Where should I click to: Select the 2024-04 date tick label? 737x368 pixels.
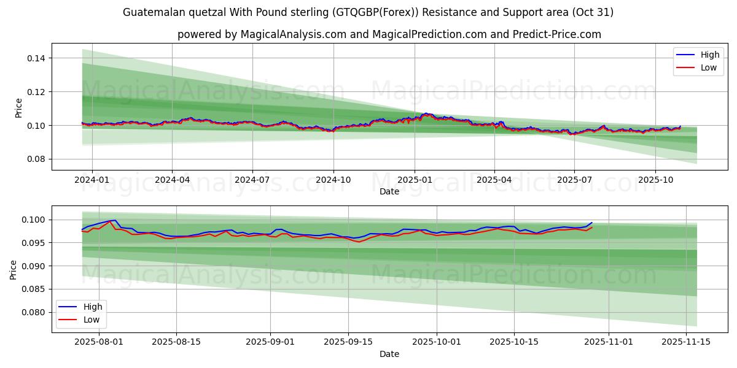pos(172,180)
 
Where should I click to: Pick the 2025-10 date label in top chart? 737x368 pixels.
pos(655,180)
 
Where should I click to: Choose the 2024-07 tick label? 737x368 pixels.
pos(252,180)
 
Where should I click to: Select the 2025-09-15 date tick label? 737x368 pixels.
pos(348,341)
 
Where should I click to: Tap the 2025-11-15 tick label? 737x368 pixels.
pos(685,341)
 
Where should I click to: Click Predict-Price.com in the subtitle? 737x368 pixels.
pos(558,34)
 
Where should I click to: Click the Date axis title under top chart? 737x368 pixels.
pos(389,191)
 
